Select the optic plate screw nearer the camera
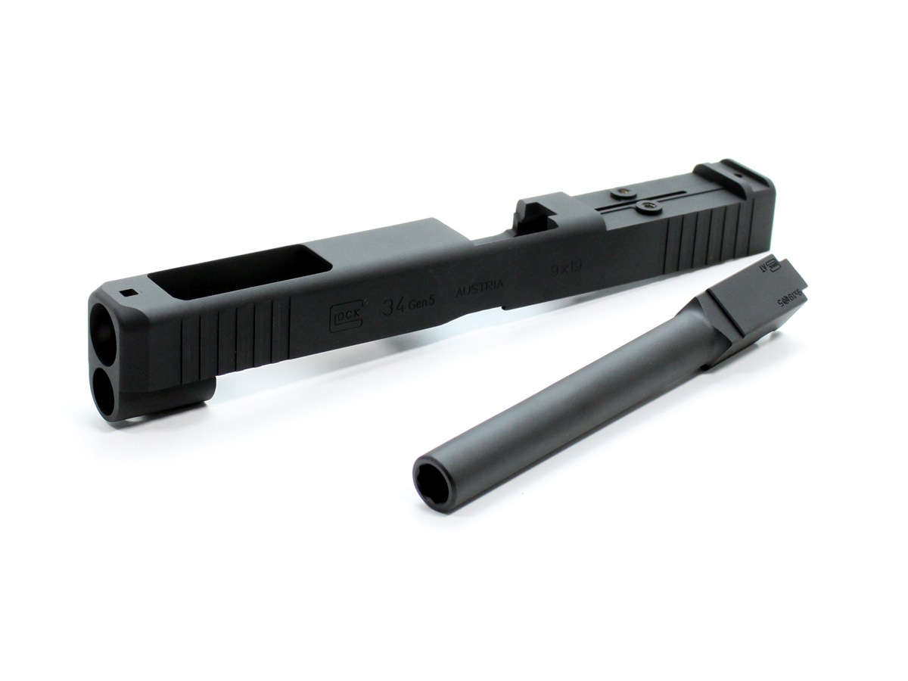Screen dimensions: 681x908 point(647,207)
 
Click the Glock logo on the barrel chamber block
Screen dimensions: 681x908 point(772,266)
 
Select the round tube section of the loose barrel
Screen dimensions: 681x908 point(575,401)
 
